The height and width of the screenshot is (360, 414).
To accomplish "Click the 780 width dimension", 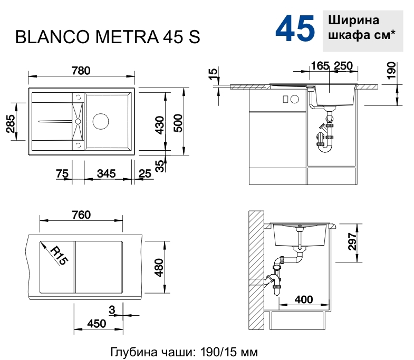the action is tap(81, 71).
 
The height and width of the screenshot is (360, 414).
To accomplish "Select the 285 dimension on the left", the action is tap(11, 123).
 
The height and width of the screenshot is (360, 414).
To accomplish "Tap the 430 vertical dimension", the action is tap(160, 125).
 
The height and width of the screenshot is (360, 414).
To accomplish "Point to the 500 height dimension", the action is tap(178, 123).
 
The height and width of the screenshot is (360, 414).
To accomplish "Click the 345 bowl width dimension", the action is tap(106, 173).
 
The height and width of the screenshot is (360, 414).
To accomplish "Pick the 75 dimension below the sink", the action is tap(62, 173).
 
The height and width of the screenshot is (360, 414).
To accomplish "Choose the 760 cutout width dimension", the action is tap(81, 215).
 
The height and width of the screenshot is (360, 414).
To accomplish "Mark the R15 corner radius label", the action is tap(59, 255).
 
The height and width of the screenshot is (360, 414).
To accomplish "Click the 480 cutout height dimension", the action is tap(159, 267).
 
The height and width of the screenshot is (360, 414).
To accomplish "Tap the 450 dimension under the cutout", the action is tap(97, 324).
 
